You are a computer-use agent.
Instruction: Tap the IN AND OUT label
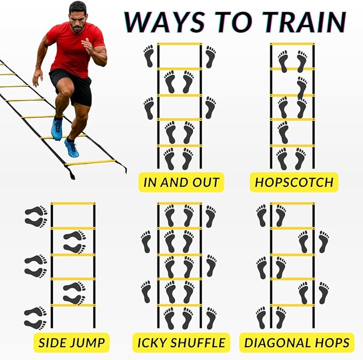(181, 182)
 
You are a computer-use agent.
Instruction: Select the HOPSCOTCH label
(294, 182)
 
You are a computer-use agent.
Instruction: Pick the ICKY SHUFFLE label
(181, 342)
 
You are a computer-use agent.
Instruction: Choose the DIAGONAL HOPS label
(297, 342)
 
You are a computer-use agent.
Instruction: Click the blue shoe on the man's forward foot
(71, 148)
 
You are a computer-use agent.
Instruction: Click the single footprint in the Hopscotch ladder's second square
(302, 86)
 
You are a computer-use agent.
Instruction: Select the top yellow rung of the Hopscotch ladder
(292, 44)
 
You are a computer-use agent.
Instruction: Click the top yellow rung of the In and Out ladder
(179, 44)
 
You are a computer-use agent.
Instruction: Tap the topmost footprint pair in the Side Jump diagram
(36, 216)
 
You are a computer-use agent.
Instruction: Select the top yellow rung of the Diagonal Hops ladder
(292, 203)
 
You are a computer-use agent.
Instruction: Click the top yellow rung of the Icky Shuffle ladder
(179, 203)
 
